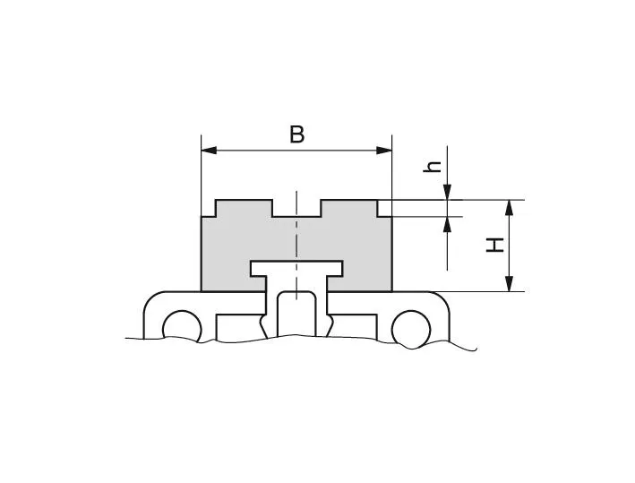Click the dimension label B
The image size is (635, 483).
coord(296,134)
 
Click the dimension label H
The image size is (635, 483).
coord(494,244)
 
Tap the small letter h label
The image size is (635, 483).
coord(433,166)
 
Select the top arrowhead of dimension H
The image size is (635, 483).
coord(509,206)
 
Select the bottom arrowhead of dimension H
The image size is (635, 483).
coord(509,284)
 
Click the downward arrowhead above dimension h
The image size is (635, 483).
coord(448,192)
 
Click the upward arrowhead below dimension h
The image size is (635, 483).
coord(448,223)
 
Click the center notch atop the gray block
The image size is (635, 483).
coord(296,208)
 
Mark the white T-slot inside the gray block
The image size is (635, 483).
coord(296,268)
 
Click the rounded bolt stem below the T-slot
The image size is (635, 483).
coord(296,314)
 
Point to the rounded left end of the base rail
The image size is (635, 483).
coord(150,309)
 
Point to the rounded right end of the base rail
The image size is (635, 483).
coord(442,309)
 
